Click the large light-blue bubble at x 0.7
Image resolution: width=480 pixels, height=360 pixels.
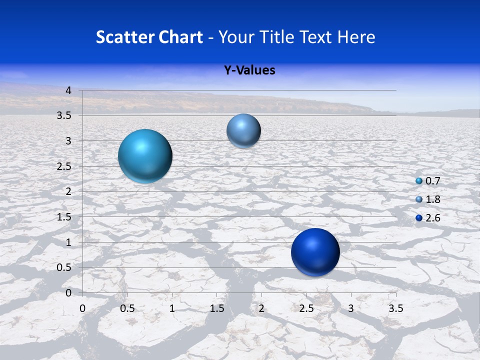click(x=145, y=156)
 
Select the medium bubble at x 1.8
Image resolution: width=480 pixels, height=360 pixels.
click(x=243, y=131)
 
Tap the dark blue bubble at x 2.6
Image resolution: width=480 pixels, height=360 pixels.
click(x=315, y=252)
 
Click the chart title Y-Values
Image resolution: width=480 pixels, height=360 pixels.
click(x=249, y=70)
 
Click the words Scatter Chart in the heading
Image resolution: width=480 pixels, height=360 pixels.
click(x=149, y=37)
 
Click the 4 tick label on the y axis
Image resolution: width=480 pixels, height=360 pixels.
click(x=69, y=90)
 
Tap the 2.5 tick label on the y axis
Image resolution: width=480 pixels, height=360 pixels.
click(x=64, y=166)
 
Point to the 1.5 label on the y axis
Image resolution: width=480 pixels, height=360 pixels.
click(x=64, y=217)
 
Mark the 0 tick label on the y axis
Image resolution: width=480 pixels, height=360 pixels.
click(x=69, y=293)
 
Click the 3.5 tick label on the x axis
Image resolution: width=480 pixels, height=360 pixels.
click(x=395, y=308)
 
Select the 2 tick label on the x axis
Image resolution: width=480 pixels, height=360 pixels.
click(x=261, y=308)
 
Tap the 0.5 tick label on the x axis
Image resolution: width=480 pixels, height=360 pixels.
click(x=127, y=308)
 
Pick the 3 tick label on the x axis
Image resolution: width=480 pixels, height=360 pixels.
click(x=351, y=308)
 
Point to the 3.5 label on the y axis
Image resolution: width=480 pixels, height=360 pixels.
click(x=64, y=116)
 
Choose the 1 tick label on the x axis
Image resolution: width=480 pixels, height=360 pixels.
click(x=172, y=308)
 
